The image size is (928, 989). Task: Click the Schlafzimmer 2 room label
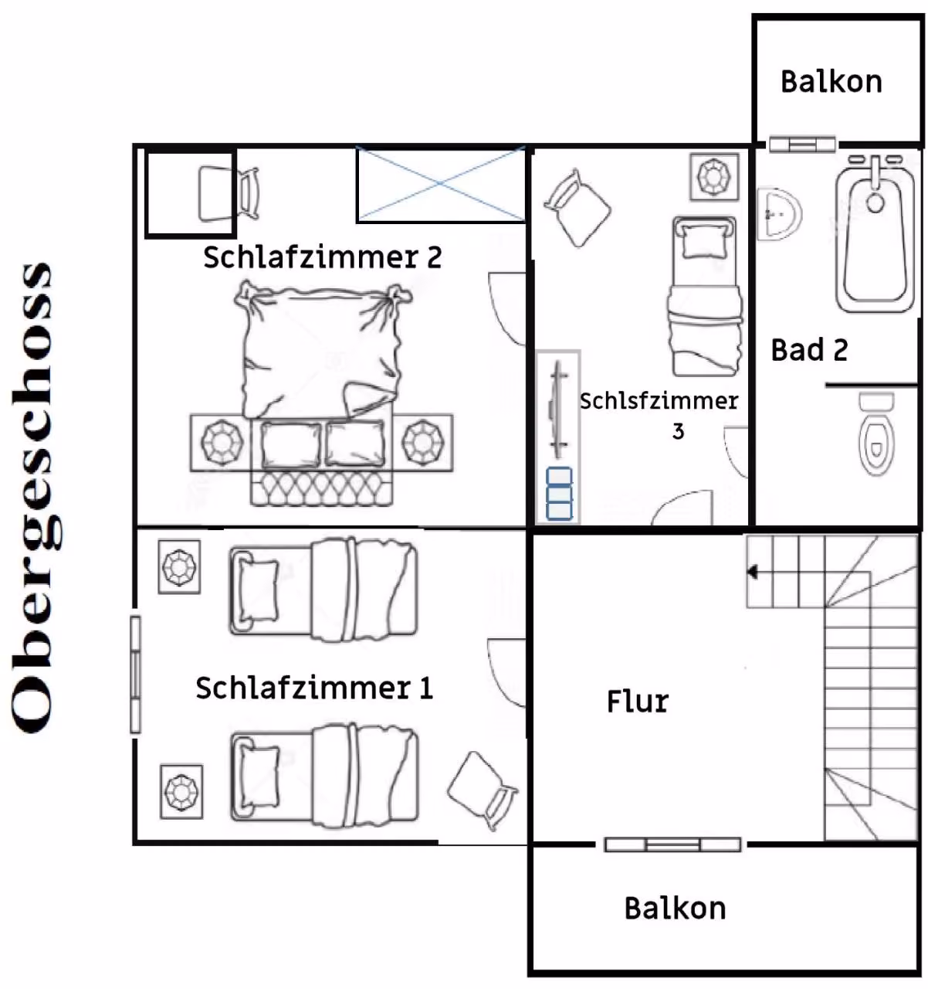(322, 257)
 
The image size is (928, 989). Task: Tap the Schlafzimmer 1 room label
(314, 688)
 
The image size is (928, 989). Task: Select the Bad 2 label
(809, 349)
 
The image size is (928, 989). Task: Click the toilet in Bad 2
(876, 433)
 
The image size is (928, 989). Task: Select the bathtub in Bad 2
(876, 234)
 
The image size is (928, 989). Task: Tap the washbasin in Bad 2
(779, 215)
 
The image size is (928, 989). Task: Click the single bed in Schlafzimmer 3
(703, 296)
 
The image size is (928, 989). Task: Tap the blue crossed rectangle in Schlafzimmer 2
(441, 184)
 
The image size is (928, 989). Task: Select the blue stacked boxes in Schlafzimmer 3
(559, 494)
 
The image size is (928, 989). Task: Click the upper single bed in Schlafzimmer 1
(323, 588)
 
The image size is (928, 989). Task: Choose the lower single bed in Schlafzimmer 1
(324, 776)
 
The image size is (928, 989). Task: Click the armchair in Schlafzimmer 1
(482, 790)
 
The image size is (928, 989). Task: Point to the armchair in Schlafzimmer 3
(577, 208)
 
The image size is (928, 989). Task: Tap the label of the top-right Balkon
(831, 82)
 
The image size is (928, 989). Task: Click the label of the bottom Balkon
(675, 909)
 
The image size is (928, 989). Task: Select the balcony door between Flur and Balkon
(672, 845)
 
